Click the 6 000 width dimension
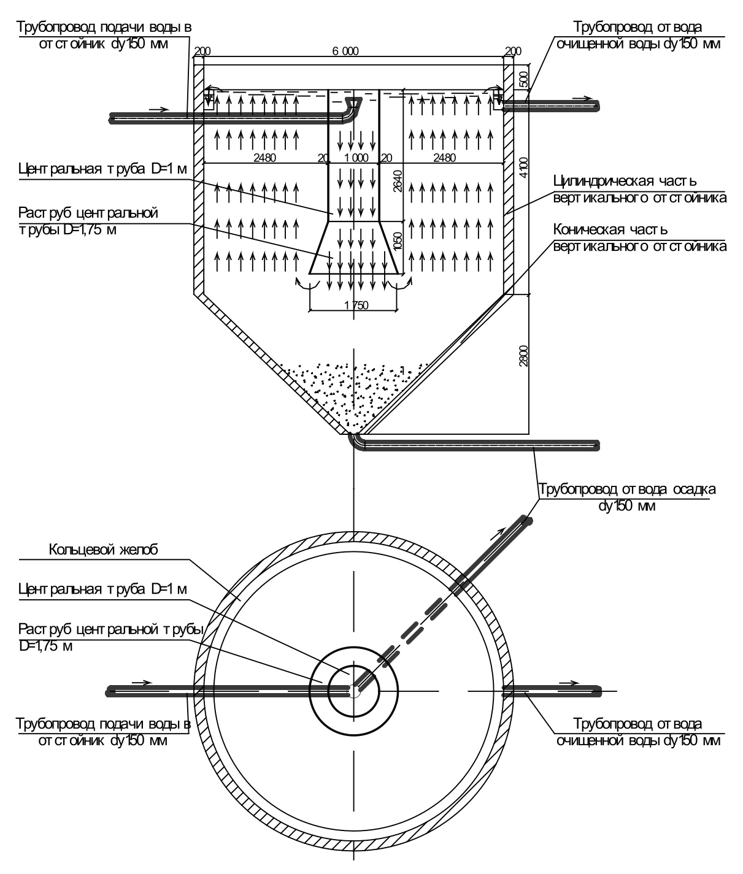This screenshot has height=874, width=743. tap(345, 51)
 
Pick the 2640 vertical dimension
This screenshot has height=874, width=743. tap(397, 181)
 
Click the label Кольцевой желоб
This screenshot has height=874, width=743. tap(104, 550)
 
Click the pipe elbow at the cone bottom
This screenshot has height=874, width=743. tap(355, 440)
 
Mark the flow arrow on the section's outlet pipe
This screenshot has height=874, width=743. tap(583, 99)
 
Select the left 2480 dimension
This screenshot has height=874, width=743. tap(264, 158)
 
